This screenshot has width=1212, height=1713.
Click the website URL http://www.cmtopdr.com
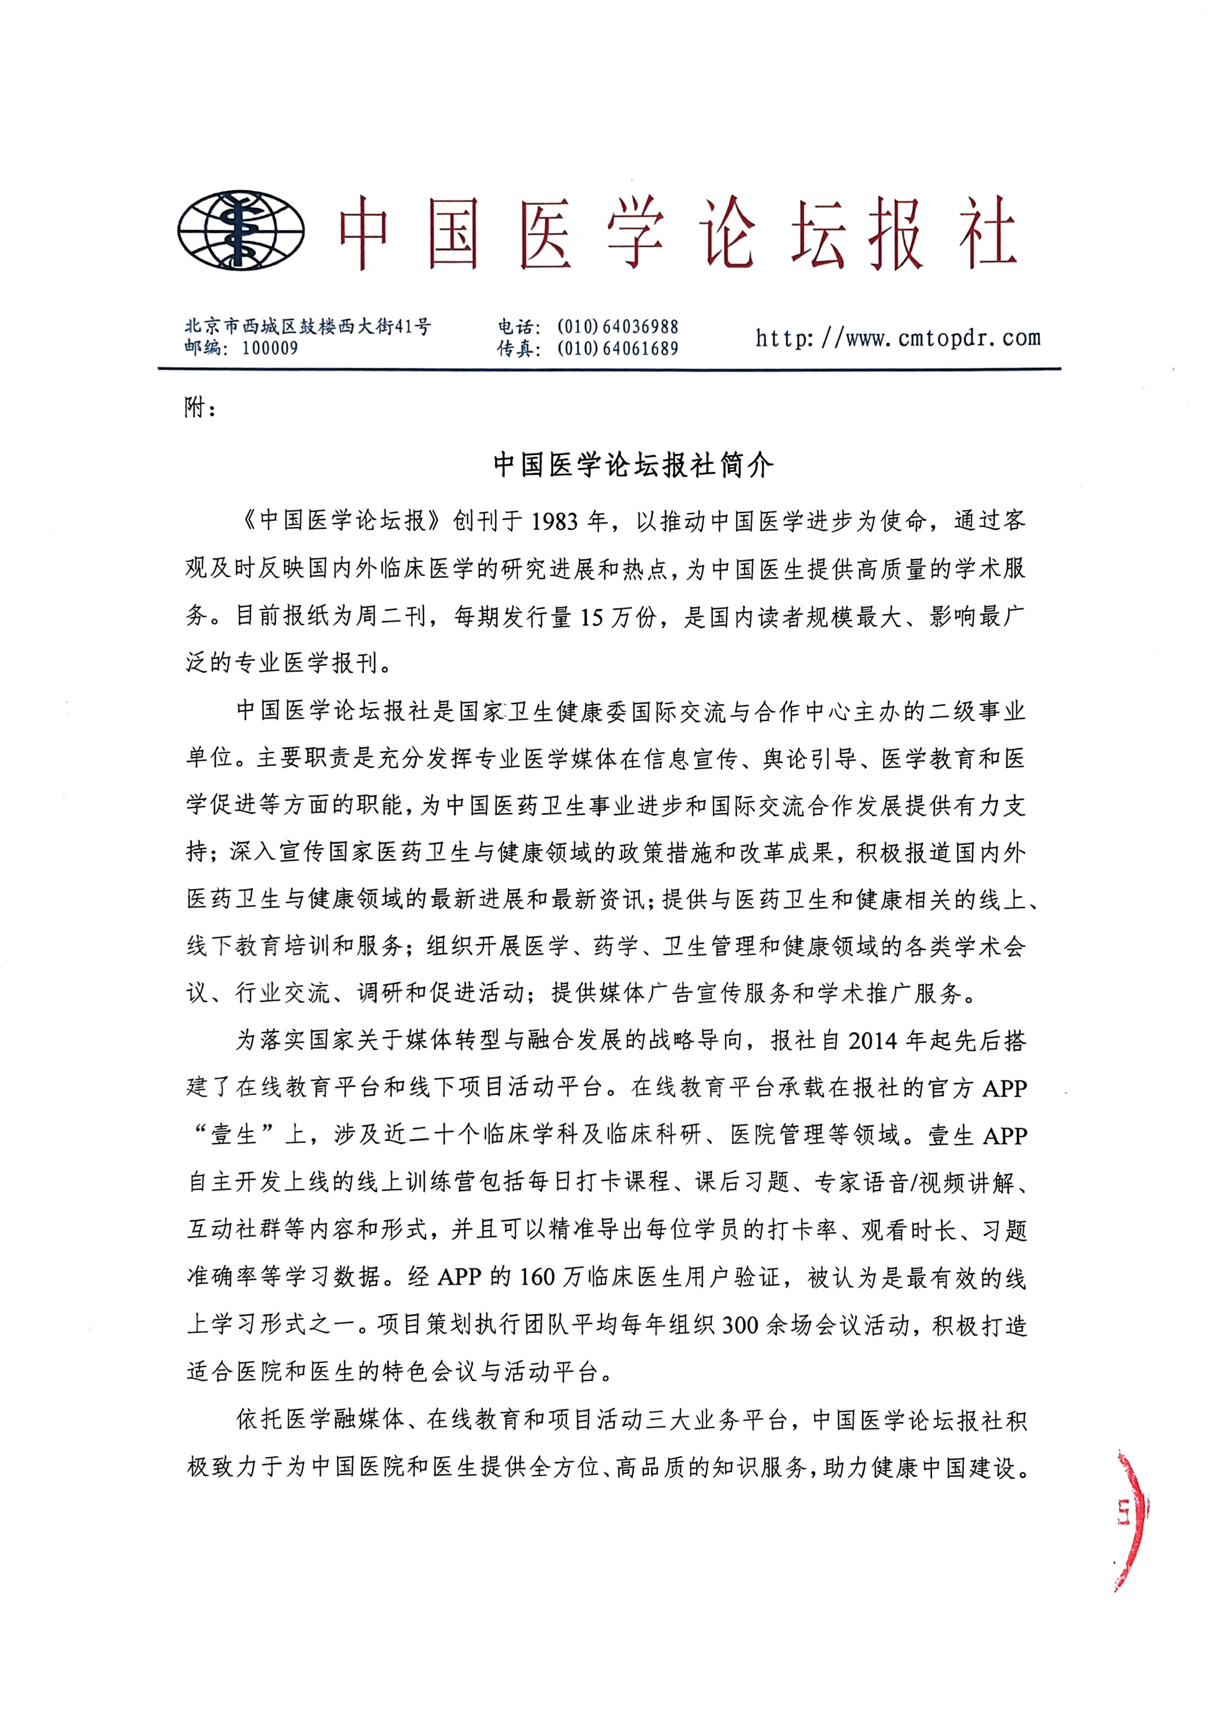pos(898,338)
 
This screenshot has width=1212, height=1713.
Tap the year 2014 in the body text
pos(873,1040)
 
